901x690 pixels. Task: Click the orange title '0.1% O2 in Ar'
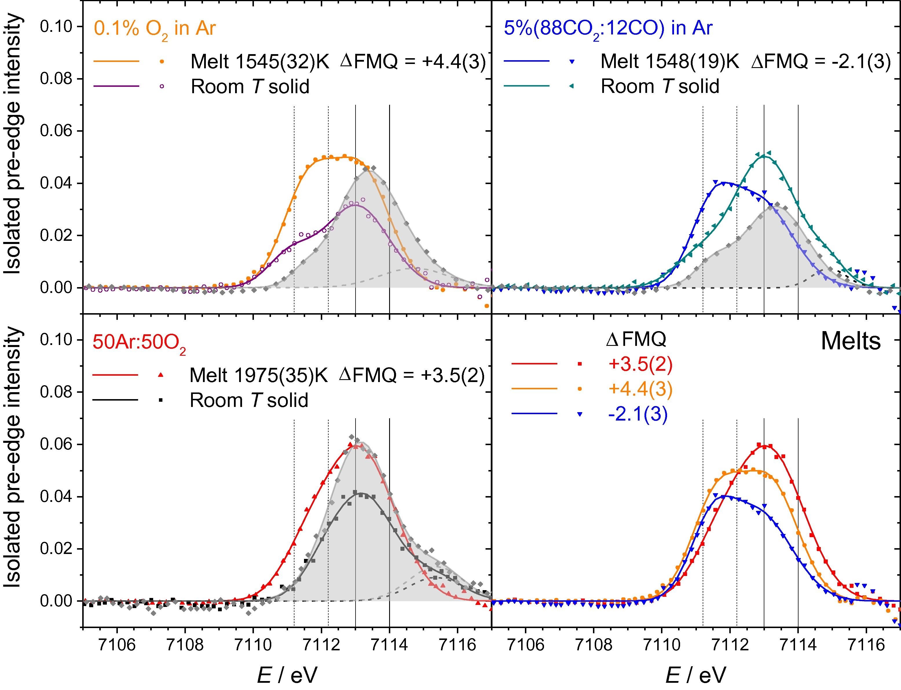click(155, 29)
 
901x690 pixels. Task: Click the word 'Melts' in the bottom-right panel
click(851, 341)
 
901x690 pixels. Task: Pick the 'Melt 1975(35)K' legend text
click(259, 375)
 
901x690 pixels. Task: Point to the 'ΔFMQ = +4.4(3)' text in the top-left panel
click(413, 62)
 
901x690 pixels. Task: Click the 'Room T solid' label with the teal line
click(660, 87)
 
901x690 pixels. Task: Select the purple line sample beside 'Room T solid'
click(116, 87)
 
